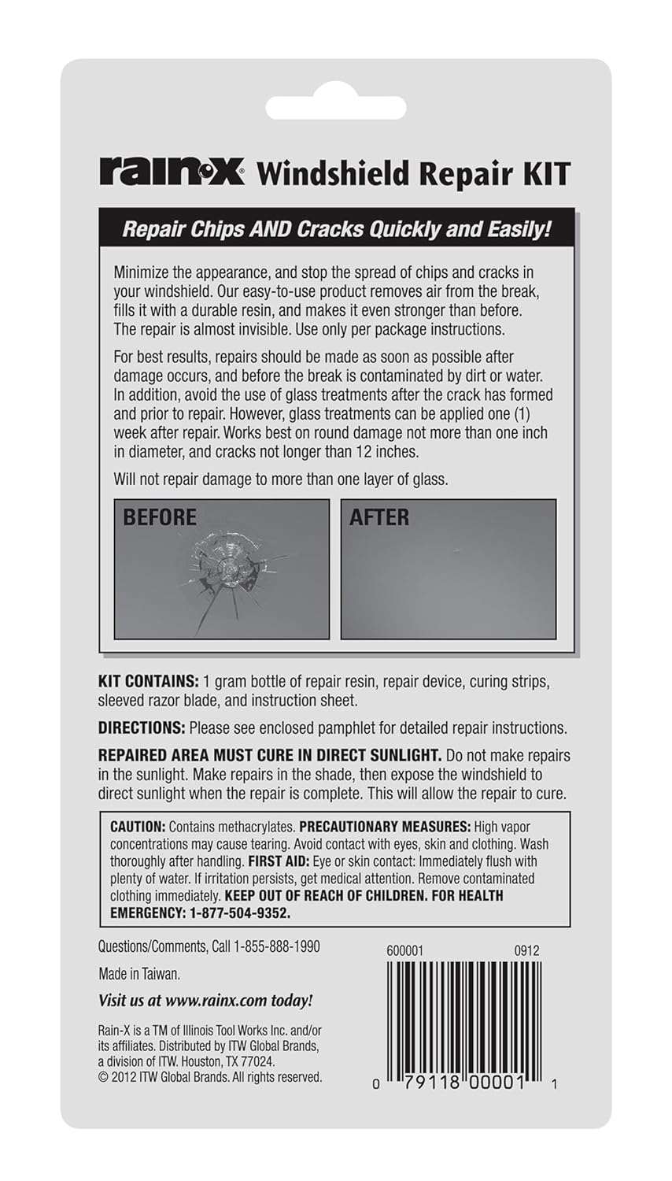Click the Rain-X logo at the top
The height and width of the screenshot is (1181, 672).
tap(172, 172)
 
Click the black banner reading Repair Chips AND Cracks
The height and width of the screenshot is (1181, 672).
tap(336, 229)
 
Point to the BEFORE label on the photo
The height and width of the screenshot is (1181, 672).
tap(160, 517)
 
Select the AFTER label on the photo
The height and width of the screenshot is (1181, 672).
tap(379, 517)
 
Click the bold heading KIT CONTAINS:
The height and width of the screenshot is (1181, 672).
tap(148, 681)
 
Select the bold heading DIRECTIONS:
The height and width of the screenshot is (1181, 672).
tap(142, 728)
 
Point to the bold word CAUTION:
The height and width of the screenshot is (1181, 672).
tap(138, 827)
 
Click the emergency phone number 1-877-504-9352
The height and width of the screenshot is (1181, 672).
tap(240, 913)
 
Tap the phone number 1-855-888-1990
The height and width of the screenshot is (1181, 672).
tap(277, 946)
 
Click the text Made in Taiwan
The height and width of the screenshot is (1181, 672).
tap(139, 974)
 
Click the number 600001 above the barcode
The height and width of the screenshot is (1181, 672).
tap(404, 950)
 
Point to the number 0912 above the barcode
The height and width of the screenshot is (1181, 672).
tap(526, 950)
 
